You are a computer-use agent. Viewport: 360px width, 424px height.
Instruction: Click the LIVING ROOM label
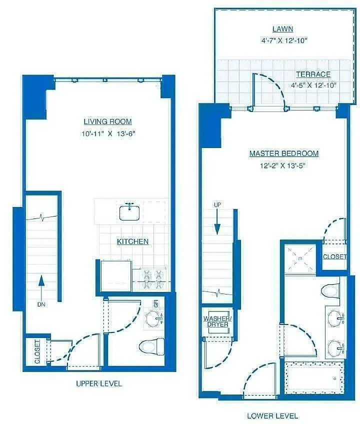coord(107,121)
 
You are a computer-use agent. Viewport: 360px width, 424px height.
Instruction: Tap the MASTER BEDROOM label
coord(284,153)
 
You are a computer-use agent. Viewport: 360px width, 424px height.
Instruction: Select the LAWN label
coord(283,29)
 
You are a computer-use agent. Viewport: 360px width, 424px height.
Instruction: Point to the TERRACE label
coord(313,74)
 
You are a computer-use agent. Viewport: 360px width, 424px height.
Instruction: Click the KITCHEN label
coord(132,241)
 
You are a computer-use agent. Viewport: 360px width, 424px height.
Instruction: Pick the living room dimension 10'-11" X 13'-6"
coord(108,133)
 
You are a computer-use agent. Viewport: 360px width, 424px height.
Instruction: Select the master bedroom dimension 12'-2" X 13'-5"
coord(282,165)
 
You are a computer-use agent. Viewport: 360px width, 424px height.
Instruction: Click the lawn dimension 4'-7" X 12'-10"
coord(284,40)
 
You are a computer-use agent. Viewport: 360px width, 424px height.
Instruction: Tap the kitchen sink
coord(129,212)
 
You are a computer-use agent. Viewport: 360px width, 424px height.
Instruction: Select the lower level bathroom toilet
coord(330,291)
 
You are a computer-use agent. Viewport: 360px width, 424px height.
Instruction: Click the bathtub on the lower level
coord(314,378)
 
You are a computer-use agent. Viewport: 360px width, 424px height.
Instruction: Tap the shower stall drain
coord(300,258)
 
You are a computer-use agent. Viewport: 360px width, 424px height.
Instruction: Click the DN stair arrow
coord(41,287)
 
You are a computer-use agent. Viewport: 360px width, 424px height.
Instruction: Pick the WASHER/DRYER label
coord(216,321)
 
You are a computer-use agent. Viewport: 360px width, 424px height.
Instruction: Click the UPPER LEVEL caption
coord(99,383)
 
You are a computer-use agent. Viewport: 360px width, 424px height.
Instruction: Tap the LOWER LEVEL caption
coord(272,415)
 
